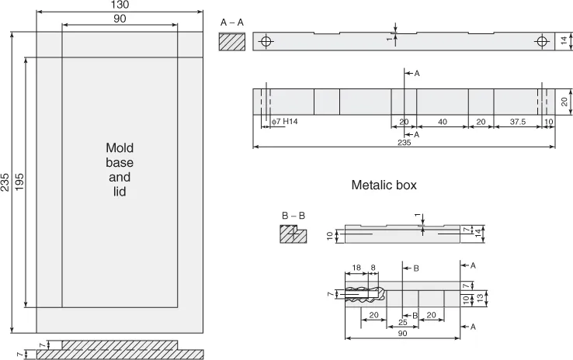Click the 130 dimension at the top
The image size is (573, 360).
coord(119,5)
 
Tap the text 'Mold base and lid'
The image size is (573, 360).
coord(119,169)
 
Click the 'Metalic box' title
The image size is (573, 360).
coord(384,185)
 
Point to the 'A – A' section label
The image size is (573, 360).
coord(231,23)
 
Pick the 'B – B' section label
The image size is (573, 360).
coord(293,215)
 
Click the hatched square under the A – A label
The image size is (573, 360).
coord(231,42)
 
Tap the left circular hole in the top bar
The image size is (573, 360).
coord(266,42)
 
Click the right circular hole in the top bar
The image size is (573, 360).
coord(541,42)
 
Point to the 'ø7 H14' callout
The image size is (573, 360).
coord(284,121)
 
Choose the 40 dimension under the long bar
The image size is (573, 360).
coord(442,122)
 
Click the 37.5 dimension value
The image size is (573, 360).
coord(518,122)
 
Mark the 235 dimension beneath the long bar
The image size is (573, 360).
coord(403,142)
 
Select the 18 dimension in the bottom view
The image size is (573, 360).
coord(356,267)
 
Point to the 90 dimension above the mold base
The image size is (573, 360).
coord(119,19)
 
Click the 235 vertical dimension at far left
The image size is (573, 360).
coord(5,183)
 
